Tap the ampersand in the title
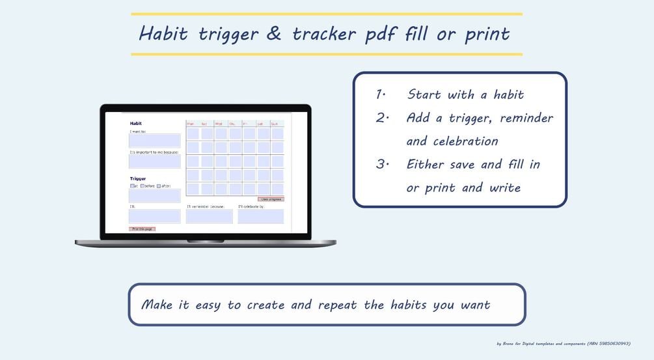[274, 33]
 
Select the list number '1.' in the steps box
[381, 94]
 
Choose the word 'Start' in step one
[424, 94]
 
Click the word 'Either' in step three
[426, 165]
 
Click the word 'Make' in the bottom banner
[157, 305]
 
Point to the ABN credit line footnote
[563, 343]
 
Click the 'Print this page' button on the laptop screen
[142, 229]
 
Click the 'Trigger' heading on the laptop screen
[137, 178]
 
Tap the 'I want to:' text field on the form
[154, 141]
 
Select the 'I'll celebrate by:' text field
[260, 216]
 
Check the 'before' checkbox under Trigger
[143, 186]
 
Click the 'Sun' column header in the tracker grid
[274, 124]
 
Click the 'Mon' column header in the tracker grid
[191, 124]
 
